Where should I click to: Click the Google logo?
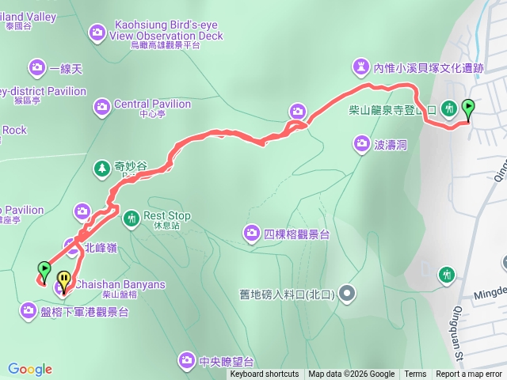tap(30, 369)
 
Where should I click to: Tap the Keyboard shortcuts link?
tap(265, 374)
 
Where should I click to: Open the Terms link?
tap(415, 374)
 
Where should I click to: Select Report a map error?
tap(470, 374)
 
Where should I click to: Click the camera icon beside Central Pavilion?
tap(101, 105)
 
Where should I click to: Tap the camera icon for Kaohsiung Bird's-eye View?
tap(97, 32)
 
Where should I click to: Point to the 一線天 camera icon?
tap(36, 68)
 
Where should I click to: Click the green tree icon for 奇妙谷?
tap(101, 168)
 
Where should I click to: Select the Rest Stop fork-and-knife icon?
tap(132, 216)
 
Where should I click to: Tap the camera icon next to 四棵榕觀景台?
tap(251, 233)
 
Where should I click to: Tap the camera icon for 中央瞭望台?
tap(186, 360)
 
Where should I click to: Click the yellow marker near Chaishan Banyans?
tap(63, 281)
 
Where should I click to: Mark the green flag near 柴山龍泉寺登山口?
tap(468, 108)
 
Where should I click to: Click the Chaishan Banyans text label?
tap(120, 285)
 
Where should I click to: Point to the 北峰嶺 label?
tap(101, 248)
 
